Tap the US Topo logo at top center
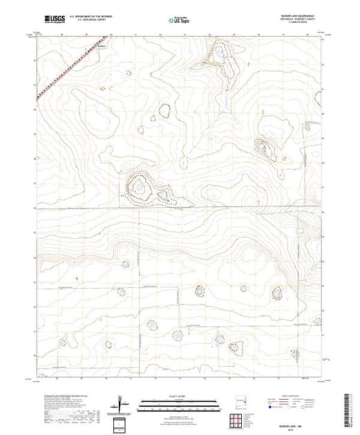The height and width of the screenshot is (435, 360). point(179,21)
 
